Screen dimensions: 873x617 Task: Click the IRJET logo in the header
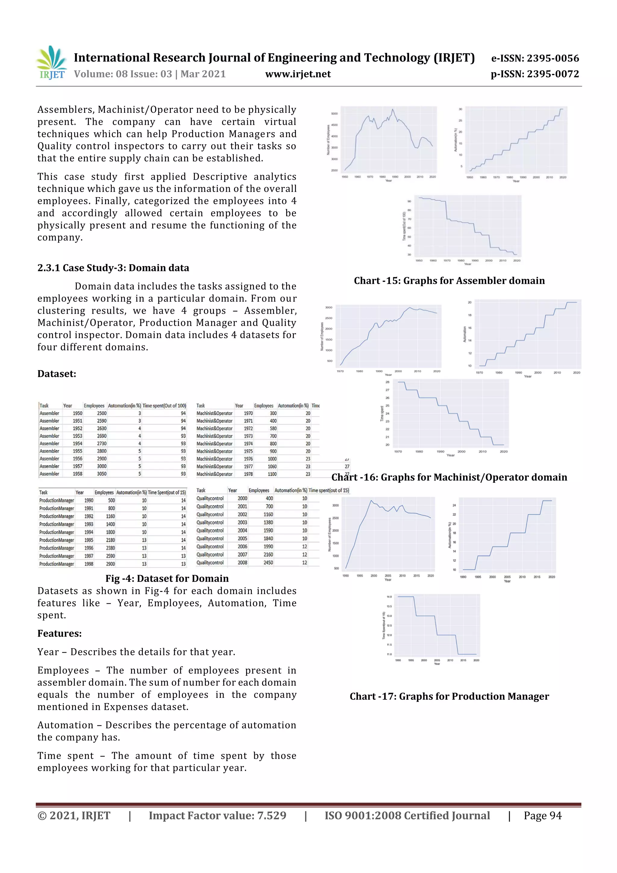click(51, 63)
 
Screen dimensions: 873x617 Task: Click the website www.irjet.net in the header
click(298, 74)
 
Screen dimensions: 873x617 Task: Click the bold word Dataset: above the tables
click(57, 373)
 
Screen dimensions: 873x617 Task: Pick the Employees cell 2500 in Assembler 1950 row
click(102, 413)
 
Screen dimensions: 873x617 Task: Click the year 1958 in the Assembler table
click(77, 474)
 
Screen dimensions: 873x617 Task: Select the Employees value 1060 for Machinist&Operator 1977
click(272, 466)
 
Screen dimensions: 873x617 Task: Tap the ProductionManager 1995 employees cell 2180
click(110, 540)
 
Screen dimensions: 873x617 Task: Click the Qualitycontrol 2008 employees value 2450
click(268, 562)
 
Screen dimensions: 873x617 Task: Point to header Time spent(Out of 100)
click(164, 406)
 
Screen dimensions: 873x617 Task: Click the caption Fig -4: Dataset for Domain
click(167, 578)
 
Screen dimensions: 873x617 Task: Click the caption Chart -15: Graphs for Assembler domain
click(449, 281)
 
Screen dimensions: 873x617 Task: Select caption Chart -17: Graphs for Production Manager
click(449, 696)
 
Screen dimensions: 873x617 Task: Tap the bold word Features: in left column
click(59, 633)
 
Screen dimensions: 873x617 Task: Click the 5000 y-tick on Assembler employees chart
click(334, 114)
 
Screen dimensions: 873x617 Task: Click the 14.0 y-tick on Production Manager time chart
click(389, 597)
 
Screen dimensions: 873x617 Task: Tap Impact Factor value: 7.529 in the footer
click(217, 815)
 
